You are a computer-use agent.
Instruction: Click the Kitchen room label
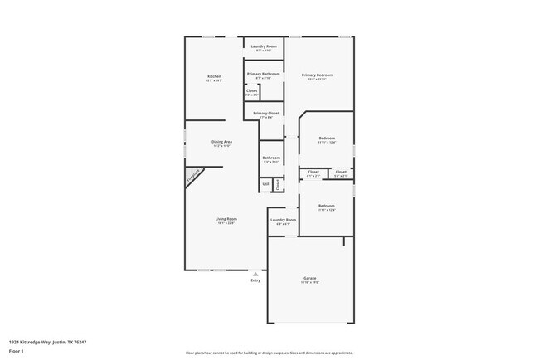[214, 77]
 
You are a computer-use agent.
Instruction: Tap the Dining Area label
[221, 142]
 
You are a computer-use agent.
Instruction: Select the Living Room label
[226, 219]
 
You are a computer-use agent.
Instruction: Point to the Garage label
[309, 278]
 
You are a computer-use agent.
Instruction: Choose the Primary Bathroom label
[263, 74]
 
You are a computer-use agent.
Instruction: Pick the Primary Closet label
[265, 113]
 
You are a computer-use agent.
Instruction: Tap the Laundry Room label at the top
[264, 46]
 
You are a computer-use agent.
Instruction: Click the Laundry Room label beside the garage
[283, 220]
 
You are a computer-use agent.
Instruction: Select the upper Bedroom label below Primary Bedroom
[327, 139]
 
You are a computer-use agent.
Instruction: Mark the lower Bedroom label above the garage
[327, 206]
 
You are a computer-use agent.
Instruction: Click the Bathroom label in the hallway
[271, 158]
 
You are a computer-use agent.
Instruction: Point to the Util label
[265, 183]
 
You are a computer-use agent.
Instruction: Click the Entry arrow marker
[255, 273]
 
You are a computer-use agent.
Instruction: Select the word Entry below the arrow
[255, 280]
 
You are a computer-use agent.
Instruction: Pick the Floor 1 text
[17, 349]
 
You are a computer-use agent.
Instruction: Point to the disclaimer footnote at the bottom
[269, 353]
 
